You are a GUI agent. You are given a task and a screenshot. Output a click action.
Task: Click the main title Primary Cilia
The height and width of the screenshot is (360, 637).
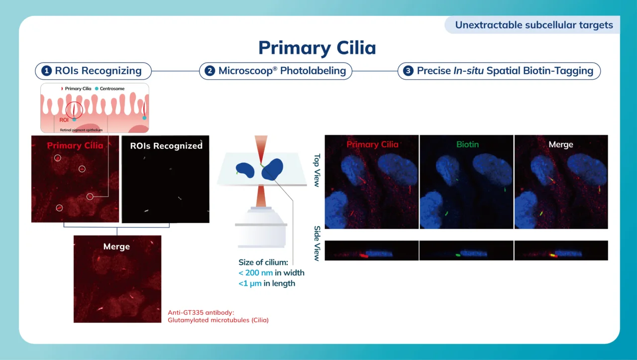pyautogui.click(x=317, y=48)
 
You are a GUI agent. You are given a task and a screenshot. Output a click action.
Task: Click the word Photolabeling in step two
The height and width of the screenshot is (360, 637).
pyautogui.click(x=313, y=71)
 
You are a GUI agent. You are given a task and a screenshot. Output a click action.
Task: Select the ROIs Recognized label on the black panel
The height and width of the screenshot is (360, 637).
pyautogui.click(x=166, y=146)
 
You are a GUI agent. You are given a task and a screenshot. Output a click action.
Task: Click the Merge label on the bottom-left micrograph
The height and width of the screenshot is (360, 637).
pyautogui.click(x=116, y=246)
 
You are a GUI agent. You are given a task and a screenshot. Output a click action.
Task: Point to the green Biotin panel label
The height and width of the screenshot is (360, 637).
pyautogui.click(x=467, y=144)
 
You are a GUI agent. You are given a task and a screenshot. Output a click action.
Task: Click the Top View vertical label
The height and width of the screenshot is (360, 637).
pyautogui.click(x=317, y=169)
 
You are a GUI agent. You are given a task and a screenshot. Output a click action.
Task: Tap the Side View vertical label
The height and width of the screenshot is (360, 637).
pyautogui.click(x=317, y=243)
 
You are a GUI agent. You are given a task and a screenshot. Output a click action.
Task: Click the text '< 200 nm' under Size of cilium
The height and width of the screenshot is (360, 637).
pyautogui.click(x=256, y=272)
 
